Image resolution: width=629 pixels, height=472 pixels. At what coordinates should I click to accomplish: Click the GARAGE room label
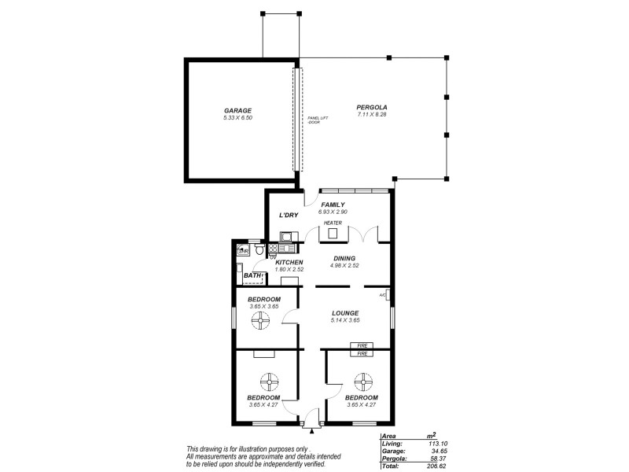[x=237, y=111]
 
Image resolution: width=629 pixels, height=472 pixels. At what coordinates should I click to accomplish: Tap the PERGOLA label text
[x=372, y=107]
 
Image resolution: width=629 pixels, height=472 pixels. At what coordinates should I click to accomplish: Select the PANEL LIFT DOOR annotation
[x=318, y=120]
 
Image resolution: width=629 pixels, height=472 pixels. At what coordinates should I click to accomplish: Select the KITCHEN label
[x=289, y=262]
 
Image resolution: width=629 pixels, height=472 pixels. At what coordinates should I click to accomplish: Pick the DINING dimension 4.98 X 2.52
[x=344, y=265]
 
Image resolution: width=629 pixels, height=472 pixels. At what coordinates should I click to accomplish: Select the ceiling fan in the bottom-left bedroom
[x=269, y=382]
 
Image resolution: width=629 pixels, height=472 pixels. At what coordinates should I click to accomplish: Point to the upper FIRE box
[x=362, y=345]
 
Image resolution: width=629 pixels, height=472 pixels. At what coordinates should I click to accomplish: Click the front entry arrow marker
[x=312, y=431]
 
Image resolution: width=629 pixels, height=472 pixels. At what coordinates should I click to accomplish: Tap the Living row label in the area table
[x=392, y=443]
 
